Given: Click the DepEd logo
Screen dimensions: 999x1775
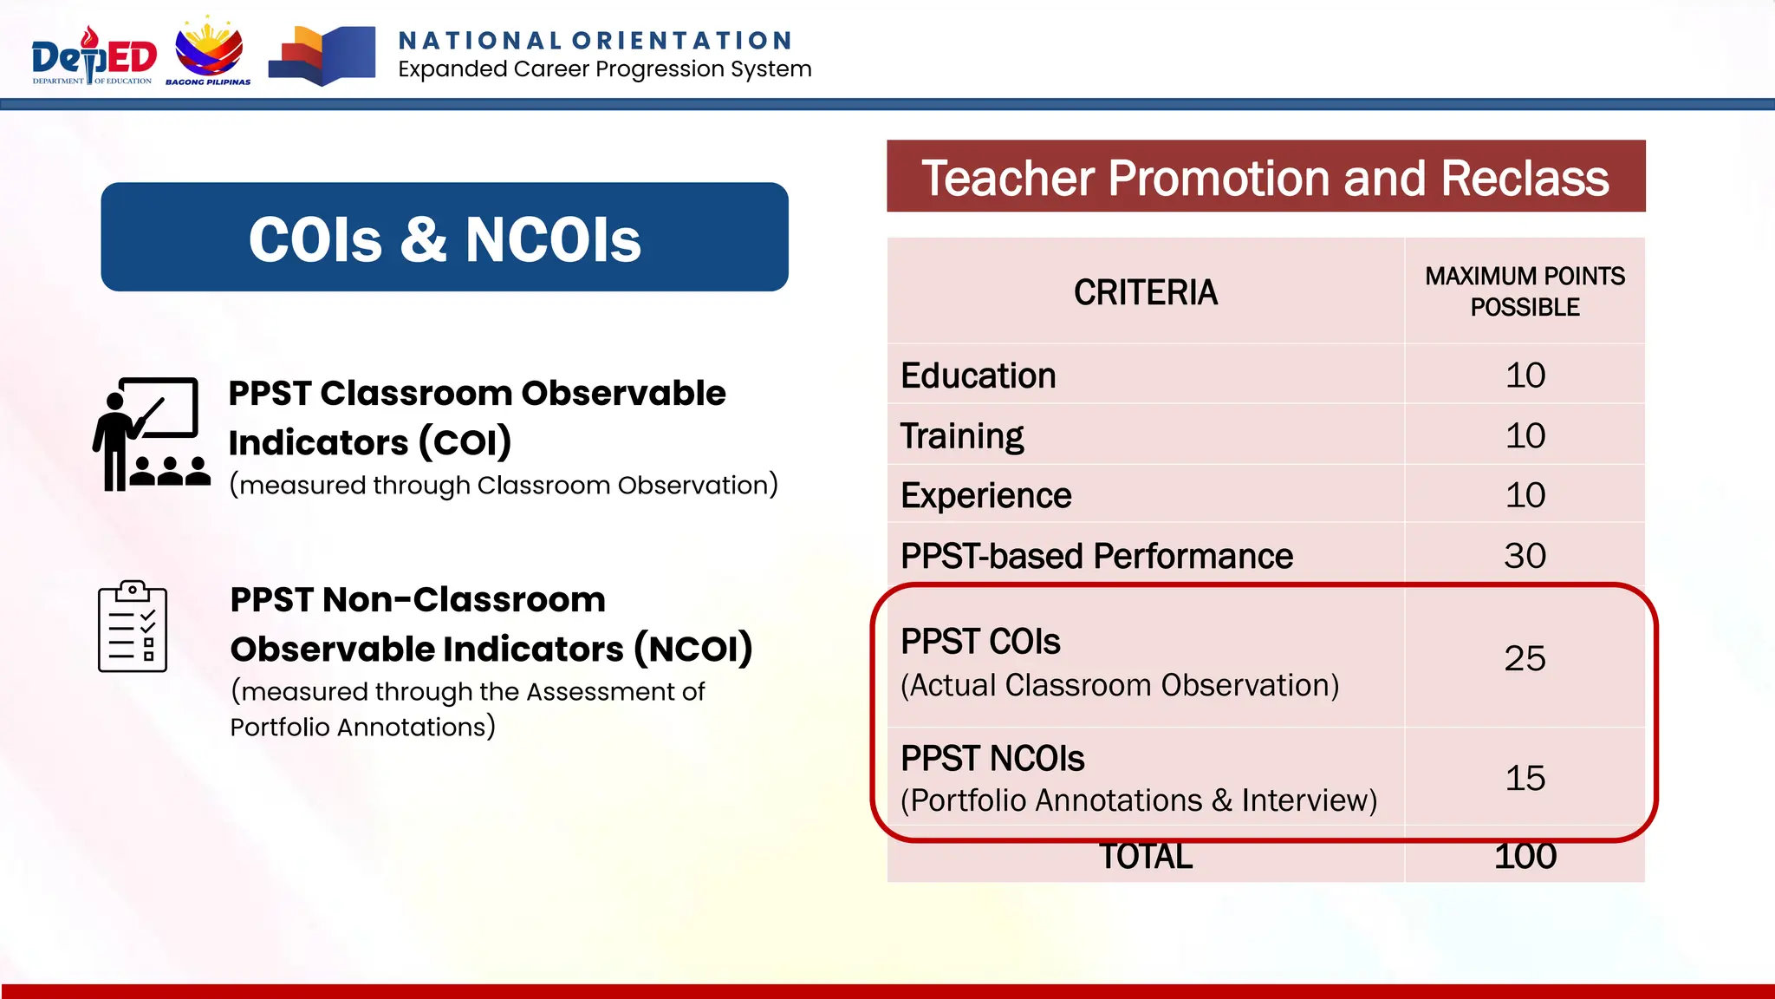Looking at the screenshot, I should (94, 56).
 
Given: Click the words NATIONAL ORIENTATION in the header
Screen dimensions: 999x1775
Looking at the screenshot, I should (595, 41).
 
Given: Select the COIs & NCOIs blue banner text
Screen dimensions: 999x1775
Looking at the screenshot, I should (445, 238).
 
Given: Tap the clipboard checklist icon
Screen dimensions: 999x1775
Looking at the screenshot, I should (133, 627).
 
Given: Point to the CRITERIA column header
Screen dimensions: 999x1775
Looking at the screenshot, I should (1145, 293).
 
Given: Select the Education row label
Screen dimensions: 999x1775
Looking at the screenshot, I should (978, 376).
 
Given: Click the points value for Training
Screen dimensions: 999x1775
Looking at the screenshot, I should (1525, 435).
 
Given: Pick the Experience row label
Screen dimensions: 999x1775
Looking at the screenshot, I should (985, 496).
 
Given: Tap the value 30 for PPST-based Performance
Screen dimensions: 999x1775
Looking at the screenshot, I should (1525, 556).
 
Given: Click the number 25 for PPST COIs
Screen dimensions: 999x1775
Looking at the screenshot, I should (1525, 659).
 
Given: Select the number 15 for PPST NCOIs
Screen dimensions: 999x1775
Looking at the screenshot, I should (1525, 778).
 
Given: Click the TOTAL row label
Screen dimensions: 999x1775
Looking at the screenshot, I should (1145, 857).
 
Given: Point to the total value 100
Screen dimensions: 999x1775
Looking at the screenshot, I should (1525, 857).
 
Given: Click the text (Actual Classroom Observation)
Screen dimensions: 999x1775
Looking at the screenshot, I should (1120, 686).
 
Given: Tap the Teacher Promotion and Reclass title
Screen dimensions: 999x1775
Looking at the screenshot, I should (1265, 178).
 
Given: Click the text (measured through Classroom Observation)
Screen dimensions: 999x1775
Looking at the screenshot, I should (504, 485).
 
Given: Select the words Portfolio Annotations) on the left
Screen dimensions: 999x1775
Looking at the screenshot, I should (362, 727).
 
